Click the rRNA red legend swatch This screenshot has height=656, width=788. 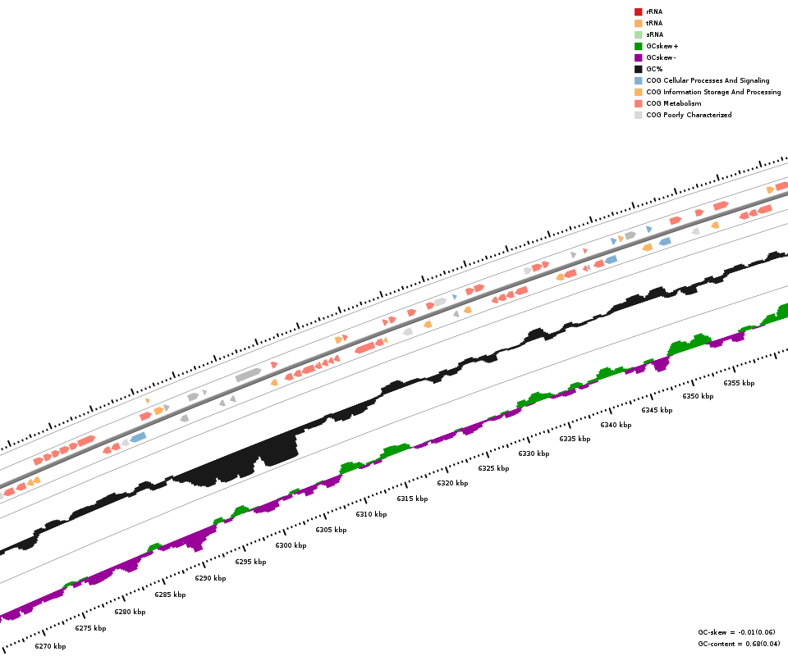638,11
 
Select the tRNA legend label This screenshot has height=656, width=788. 654,23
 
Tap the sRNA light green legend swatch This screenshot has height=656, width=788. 638,34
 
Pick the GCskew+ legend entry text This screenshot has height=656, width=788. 662,46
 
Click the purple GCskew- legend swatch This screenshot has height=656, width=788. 638,57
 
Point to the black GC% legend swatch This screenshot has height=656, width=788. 638,69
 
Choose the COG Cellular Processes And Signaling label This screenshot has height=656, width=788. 708,80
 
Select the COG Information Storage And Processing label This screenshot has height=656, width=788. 713,92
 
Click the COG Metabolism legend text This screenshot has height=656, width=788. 673,103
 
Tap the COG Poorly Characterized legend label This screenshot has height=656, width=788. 689,115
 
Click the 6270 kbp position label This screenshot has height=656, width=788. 50,646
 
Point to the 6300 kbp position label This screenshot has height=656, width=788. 291,545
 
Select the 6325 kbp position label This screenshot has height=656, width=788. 493,468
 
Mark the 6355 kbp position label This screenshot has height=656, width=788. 739,383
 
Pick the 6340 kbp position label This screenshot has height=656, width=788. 616,425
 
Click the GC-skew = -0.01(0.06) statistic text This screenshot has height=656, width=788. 739,632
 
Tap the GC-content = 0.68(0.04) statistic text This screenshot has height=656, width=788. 739,644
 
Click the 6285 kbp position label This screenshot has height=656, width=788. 170,594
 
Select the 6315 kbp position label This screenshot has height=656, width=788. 412,499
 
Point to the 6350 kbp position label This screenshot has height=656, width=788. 698,396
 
